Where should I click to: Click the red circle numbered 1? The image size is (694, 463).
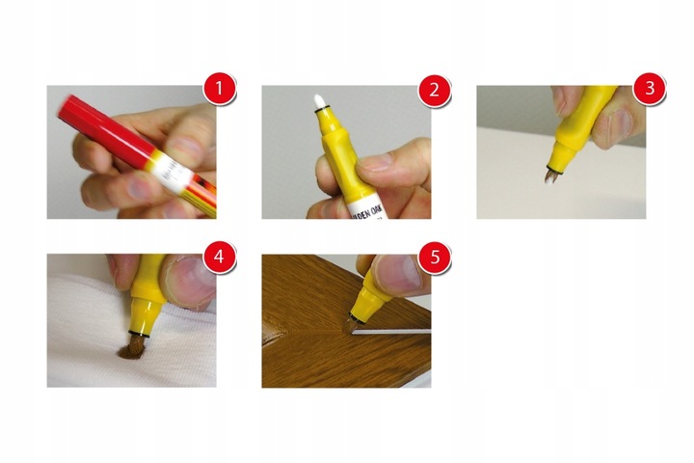[221, 92]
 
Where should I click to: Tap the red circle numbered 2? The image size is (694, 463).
[435, 92]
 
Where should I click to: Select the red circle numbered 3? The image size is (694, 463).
[649, 92]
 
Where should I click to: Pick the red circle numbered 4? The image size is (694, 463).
[221, 259]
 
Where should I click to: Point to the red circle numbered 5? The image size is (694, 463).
[435, 259]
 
